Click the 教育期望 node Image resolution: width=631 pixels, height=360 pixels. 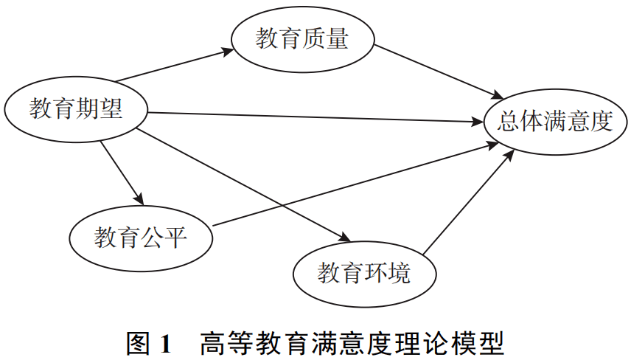pos(75,111)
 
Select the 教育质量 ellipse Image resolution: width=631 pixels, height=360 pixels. pos(302,39)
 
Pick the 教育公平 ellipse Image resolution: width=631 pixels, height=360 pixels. pos(141,238)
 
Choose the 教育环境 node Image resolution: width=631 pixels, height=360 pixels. pos(363,274)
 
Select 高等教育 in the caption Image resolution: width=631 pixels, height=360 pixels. pos(248,343)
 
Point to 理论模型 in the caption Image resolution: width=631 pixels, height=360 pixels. pos(457,343)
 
